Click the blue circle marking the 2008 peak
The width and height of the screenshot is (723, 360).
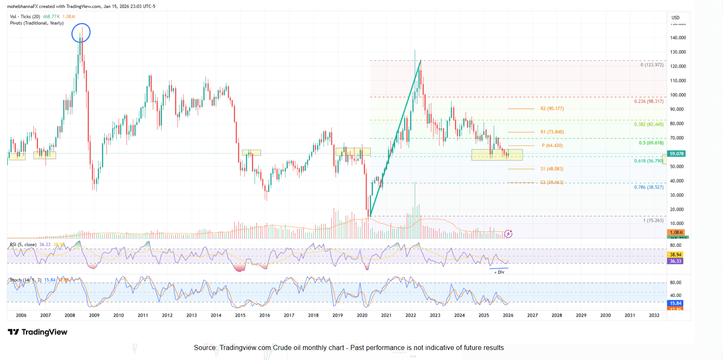point(81,33)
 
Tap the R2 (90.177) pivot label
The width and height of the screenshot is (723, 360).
point(552,109)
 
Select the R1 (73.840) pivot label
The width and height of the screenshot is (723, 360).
point(552,132)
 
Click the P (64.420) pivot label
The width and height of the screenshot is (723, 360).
point(552,146)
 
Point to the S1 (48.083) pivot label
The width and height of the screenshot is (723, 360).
point(552,169)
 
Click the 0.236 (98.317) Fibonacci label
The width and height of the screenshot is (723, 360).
point(648,101)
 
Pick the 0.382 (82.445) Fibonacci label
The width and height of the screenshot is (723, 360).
point(648,124)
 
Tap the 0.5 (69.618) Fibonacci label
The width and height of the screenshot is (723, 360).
point(651,143)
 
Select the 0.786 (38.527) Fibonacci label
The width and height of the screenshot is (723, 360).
point(648,188)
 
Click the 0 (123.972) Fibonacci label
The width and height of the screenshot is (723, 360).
point(652,65)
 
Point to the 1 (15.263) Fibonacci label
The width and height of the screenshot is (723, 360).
point(653,221)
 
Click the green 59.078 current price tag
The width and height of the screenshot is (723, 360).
point(676,154)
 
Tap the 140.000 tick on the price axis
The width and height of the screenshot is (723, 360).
point(678,38)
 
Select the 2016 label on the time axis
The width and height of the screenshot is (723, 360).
point(264,315)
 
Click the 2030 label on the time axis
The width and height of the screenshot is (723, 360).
point(605,315)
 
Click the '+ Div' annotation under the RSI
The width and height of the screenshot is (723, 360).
point(499,272)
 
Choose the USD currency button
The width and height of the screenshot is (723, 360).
point(675,18)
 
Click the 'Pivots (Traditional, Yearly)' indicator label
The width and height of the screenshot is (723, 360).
point(37,23)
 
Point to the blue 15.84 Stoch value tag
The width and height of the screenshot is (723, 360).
point(675,303)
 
